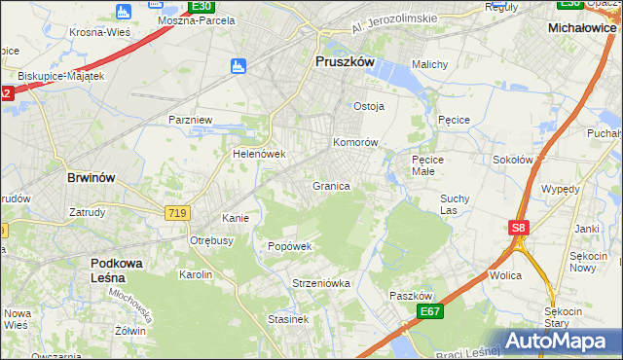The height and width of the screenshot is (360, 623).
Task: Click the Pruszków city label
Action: pos(346,60)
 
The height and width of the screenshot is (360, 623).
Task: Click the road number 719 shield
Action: pos(176,212)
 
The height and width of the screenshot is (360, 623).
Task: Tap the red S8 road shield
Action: pos(519,228)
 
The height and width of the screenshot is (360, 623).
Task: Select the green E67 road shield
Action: pos(430,310)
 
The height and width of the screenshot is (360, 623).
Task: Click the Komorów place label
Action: pos(355,142)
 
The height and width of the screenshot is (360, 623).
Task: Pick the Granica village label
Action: pos(331,185)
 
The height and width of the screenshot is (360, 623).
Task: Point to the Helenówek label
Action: pos(258,154)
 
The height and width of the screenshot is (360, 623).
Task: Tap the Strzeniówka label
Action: pos(320,283)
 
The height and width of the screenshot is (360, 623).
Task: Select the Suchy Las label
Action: pos(455,203)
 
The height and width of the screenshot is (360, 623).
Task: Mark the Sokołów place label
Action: pos(513,160)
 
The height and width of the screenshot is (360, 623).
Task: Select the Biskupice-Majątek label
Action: pos(60,75)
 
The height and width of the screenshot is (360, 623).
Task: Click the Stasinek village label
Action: pos(289,318)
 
